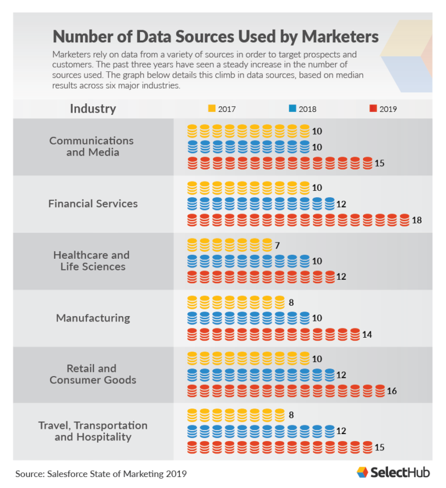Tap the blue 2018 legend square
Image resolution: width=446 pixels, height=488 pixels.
point(292,109)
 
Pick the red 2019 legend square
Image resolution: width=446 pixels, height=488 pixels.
point(373,109)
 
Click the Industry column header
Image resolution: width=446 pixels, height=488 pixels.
point(93,109)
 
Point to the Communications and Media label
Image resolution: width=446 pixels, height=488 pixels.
point(91,146)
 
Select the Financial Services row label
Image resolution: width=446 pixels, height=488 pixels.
point(93,204)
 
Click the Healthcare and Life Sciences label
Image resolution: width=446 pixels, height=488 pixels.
point(91,261)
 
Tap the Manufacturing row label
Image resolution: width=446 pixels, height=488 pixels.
point(93,318)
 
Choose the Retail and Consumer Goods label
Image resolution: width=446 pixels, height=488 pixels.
point(93,374)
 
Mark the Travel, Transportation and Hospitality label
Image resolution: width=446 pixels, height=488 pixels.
point(93,431)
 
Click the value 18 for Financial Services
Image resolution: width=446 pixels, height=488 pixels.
point(416,220)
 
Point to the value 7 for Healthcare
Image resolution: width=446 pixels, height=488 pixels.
point(278,245)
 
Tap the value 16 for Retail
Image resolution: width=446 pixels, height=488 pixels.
point(391,391)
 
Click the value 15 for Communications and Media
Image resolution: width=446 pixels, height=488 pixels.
point(379,164)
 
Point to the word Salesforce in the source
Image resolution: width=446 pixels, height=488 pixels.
point(73,474)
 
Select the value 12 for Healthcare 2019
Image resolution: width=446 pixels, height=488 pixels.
point(341,277)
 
